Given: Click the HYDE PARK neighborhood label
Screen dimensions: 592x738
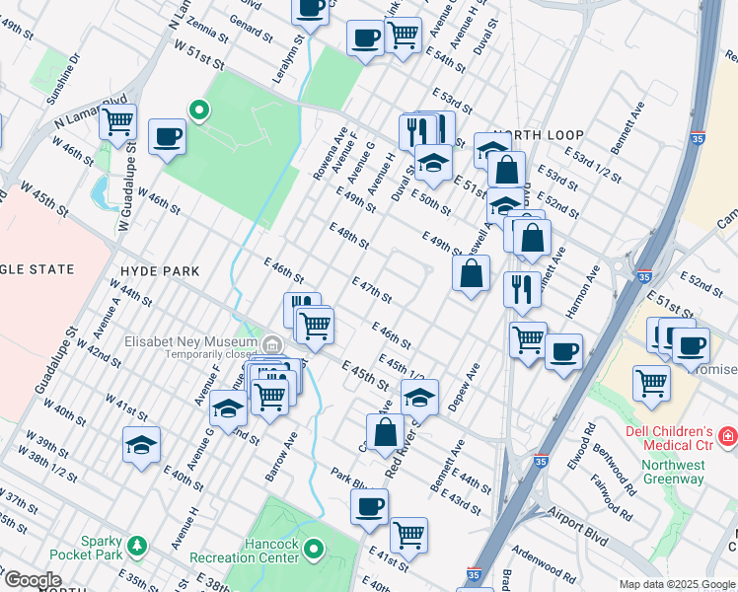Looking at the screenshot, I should [x=159, y=270].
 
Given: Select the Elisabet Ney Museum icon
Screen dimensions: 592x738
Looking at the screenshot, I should [x=273, y=343].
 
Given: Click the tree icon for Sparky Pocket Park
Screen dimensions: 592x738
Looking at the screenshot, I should [x=136, y=545].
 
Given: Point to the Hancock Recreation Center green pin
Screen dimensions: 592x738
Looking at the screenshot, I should [x=314, y=548].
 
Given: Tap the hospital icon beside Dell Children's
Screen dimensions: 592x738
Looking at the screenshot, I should [x=727, y=435].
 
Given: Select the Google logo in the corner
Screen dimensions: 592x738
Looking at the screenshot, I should [x=33, y=580].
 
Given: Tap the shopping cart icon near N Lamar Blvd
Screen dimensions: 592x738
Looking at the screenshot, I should [x=117, y=122].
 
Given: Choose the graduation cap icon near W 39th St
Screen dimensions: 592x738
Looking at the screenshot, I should [x=141, y=445].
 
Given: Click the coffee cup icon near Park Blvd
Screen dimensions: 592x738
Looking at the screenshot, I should [x=370, y=506].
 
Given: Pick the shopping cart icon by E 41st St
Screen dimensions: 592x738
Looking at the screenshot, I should [x=408, y=535].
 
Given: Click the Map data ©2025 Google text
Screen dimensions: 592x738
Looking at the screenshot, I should [x=675, y=584].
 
